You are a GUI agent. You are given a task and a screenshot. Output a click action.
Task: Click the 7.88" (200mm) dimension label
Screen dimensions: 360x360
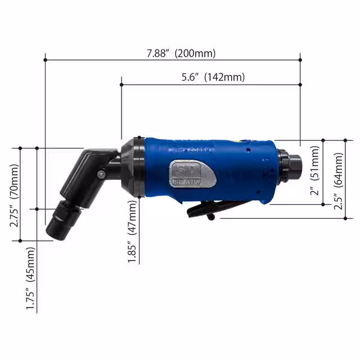[x=181, y=53]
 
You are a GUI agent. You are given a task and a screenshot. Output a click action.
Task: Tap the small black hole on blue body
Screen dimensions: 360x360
[x=247, y=150]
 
